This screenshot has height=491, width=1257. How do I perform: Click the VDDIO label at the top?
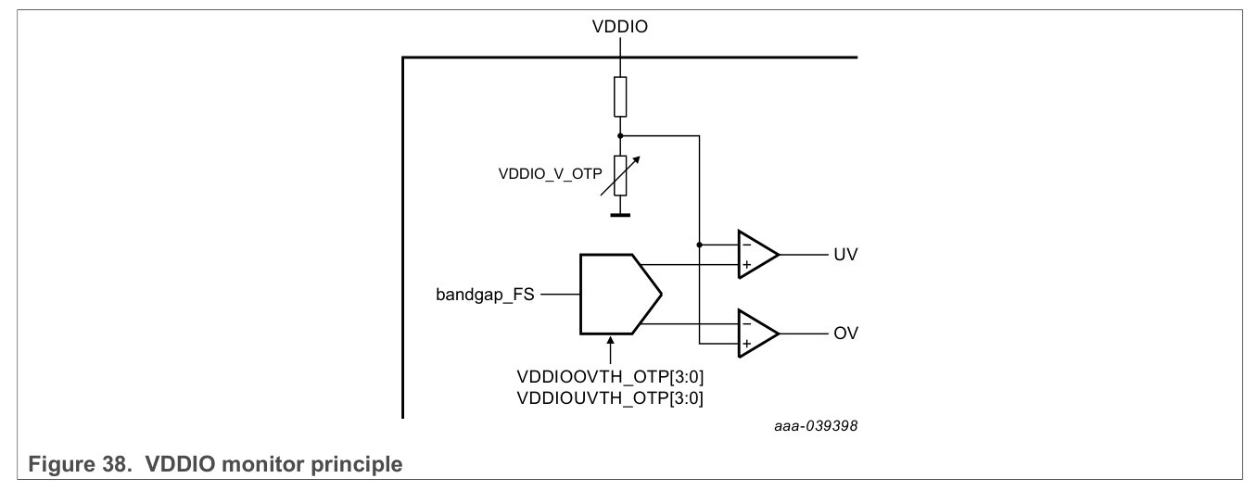tap(620, 29)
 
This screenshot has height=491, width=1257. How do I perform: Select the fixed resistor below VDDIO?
tap(620, 95)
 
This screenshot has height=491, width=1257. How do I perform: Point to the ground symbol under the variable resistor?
tap(620, 214)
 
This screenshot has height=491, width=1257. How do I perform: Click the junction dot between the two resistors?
tap(620, 135)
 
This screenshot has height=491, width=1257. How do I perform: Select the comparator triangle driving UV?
tap(755, 255)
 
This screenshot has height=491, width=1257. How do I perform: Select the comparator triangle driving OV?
tap(755, 333)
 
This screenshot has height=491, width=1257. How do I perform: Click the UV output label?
tap(843, 255)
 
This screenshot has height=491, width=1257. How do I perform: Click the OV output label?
tap(843, 333)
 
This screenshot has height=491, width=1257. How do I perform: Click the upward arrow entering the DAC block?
tap(610, 352)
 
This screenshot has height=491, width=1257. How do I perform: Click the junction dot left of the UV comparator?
tap(698, 245)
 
